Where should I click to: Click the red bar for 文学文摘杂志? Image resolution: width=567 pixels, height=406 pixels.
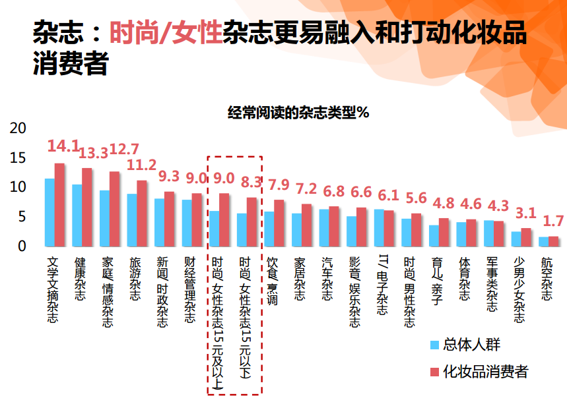click(59, 205)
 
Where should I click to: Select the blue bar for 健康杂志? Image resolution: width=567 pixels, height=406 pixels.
click(77, 216)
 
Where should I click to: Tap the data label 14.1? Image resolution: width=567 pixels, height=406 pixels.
click(63, 146)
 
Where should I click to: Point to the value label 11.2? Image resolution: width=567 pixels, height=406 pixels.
click(141, 165)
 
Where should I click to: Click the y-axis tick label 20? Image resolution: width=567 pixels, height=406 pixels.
click(18, 129)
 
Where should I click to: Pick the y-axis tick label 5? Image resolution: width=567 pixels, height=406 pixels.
click(22, 217)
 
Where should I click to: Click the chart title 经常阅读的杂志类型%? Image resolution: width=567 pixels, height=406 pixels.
click(298, 112)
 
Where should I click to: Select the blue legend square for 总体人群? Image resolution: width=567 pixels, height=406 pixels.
click(434, 345)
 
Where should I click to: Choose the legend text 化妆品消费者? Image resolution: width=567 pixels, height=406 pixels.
click(486, 371)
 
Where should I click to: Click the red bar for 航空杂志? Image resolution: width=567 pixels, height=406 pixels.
click(553, 242)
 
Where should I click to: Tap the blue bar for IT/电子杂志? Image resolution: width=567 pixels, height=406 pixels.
click(379, 228)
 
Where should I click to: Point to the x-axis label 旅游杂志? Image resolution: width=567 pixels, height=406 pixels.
click(135, 279)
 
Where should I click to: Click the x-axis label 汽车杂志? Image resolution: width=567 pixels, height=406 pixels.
click(327, 279)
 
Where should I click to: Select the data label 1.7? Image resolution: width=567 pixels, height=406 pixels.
click(553, 221)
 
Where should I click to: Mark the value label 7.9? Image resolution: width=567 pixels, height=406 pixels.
click(279, 185)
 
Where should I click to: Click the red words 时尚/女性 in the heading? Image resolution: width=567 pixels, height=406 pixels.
click(166, 32)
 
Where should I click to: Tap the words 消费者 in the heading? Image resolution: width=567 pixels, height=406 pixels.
click(71, 63)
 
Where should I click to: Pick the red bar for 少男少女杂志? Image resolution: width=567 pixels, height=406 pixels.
click(526, 237)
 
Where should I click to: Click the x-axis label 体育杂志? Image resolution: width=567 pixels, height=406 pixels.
click(464, 279)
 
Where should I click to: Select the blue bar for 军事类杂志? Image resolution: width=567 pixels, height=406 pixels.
click(488, 233)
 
